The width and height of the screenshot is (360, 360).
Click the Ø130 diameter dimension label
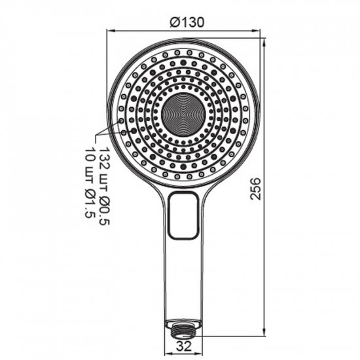(x=187, y=22)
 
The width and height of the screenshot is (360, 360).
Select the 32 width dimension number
(x=184, y=349)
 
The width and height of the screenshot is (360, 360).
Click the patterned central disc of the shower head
(x=183, y=113)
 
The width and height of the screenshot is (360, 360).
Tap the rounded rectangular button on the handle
(x=183, y=216)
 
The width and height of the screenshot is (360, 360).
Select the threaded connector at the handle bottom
(x=184, y=327)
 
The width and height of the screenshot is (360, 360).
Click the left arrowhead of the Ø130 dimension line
(x=110, y=30)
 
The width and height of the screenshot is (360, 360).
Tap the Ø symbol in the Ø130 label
(x=174, y=22)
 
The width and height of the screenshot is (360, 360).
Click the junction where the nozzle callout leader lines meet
(x=97, y=136)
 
